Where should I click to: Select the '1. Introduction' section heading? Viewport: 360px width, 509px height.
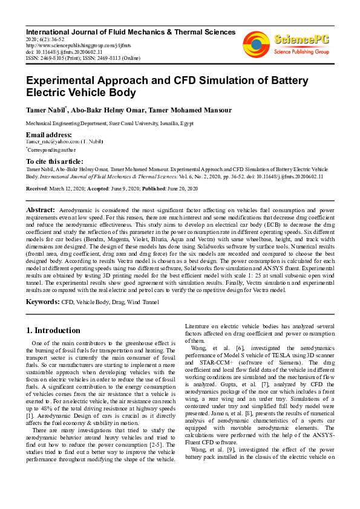click(53, 331)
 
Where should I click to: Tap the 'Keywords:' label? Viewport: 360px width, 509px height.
click(42, 300)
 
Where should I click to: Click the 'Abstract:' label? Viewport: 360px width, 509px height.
click(41, 209)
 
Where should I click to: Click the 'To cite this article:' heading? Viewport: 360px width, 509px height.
click(55, 161)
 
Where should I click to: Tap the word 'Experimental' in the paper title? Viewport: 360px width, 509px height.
click(65, 81)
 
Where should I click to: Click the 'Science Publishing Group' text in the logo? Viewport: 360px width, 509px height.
click(301, 52)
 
